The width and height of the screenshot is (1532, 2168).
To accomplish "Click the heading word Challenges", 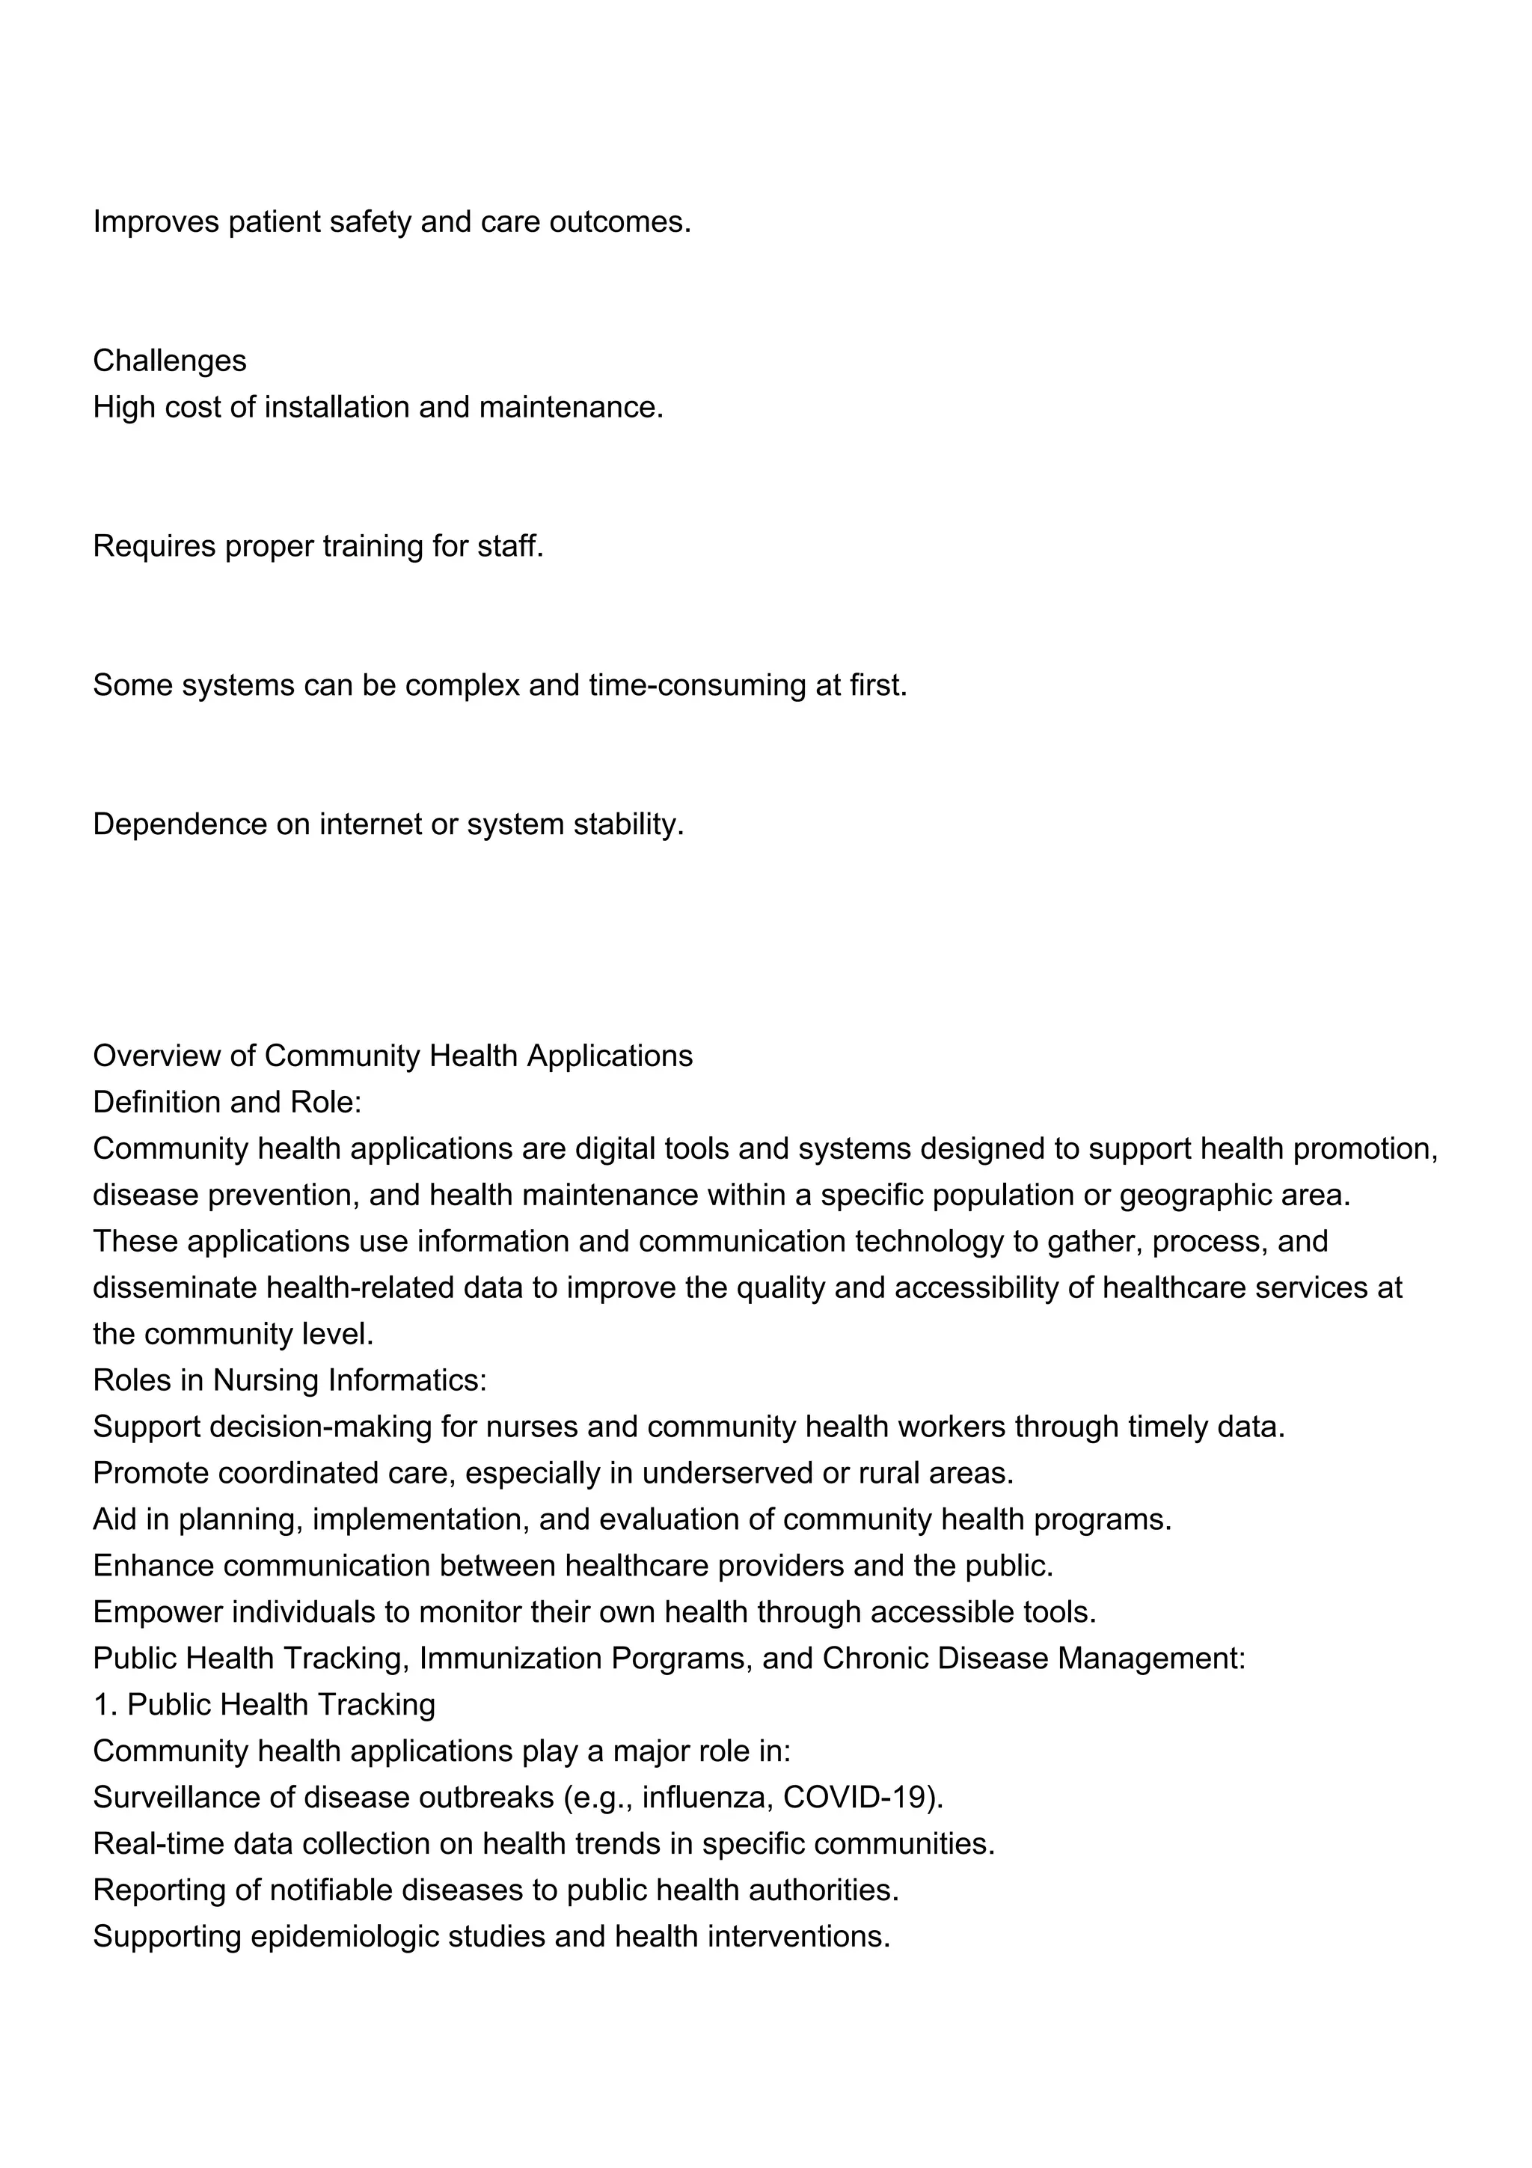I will click(170, 361).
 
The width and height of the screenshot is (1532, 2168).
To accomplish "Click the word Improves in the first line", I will click(156, 222).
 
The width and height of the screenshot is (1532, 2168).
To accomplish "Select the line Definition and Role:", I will click(227, 1101).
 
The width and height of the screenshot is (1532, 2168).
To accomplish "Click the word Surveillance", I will click(177, 1796).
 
